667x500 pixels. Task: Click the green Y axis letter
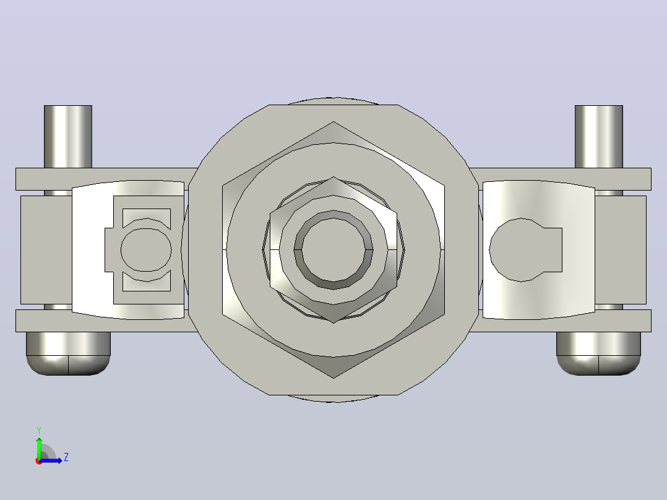click(x=39, y=430)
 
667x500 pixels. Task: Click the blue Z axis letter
click(x=66, y=457)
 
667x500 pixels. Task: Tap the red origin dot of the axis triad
click(x=39, y=461)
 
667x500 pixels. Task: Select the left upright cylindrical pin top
click(x=68, y=136)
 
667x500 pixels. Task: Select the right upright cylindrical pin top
click(x=599, y=136)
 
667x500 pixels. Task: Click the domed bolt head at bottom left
click(x=68, y=353)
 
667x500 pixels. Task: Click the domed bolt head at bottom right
click(x=598, y=353)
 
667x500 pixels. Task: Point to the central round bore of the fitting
click(x=333, y=250)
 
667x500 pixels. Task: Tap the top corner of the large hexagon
click(x=333, y=122)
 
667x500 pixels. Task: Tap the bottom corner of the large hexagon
click(x=333, y=378)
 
